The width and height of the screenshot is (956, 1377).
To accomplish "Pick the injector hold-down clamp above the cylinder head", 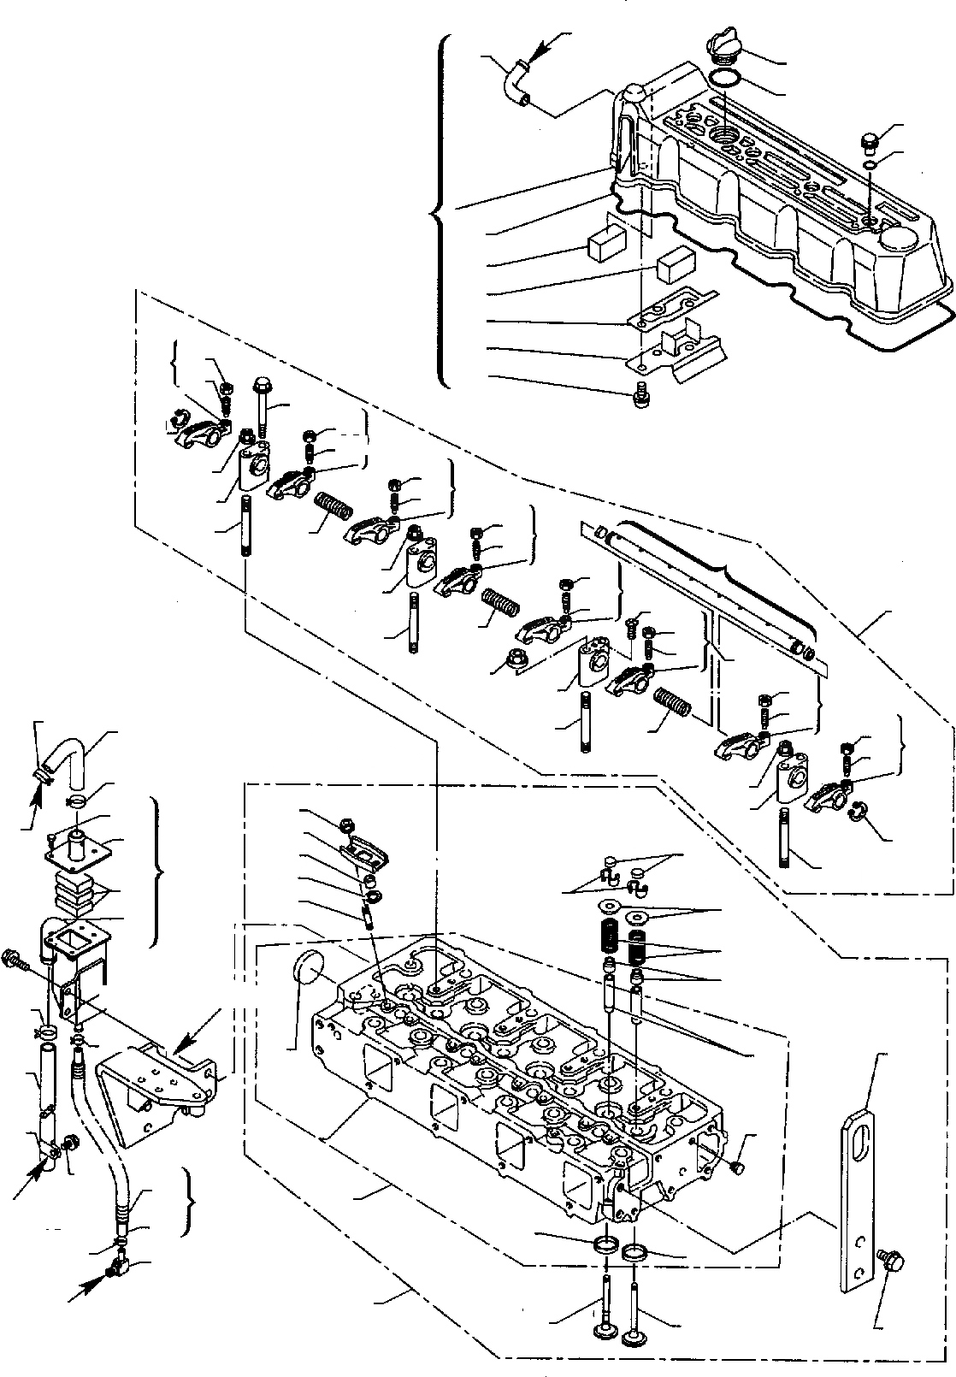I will click(x=366, y=852).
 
